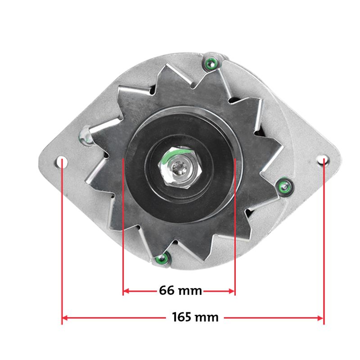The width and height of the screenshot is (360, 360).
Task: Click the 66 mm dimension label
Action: pos(180,290)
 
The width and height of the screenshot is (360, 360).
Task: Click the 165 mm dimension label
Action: pos(195,317)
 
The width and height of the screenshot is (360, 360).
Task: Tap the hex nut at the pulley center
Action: pos(180,168)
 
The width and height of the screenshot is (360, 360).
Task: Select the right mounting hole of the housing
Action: pos(323,160)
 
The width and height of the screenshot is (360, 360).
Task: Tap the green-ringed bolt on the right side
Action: pos(285,187)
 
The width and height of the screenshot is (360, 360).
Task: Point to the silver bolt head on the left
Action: pos(85,137)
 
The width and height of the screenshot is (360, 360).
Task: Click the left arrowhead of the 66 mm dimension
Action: pos(126,291)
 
